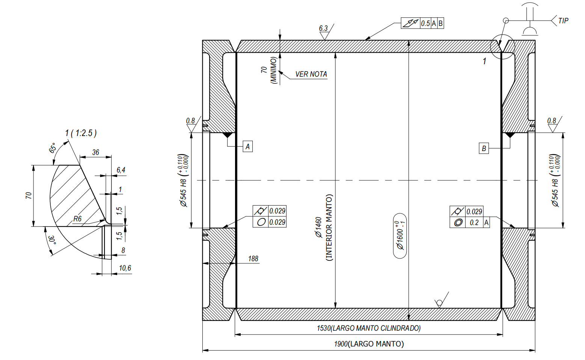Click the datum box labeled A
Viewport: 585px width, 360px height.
point(247,147)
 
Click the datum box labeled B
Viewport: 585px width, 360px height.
point(484,148)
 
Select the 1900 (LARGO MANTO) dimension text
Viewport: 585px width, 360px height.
point(369,344)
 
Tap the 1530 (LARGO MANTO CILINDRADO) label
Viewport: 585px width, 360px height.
point(369,328)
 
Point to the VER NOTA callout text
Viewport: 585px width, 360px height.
point(311,74)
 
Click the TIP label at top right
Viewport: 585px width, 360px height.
point(563,21)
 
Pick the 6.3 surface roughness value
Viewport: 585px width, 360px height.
point(323,28)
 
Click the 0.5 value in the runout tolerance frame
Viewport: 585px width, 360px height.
point(425,24)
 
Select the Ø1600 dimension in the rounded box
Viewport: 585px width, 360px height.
point(400,236)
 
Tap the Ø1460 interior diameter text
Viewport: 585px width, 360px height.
point(319,227)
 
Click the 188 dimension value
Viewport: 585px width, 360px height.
point(253,259)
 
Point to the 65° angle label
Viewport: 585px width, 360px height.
point(53,148)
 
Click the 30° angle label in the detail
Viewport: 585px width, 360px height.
point(52,240)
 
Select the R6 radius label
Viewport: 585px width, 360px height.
point(77,219)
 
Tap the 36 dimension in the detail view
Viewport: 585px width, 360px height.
point(96,153)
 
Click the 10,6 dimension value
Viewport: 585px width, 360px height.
point(125,268)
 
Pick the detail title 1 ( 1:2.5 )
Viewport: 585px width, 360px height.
point(81,133)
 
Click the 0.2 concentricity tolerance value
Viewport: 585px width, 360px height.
point(474,223)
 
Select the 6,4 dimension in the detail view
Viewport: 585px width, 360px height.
point(121,170)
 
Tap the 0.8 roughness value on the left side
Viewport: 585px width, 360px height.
point(190,121)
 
